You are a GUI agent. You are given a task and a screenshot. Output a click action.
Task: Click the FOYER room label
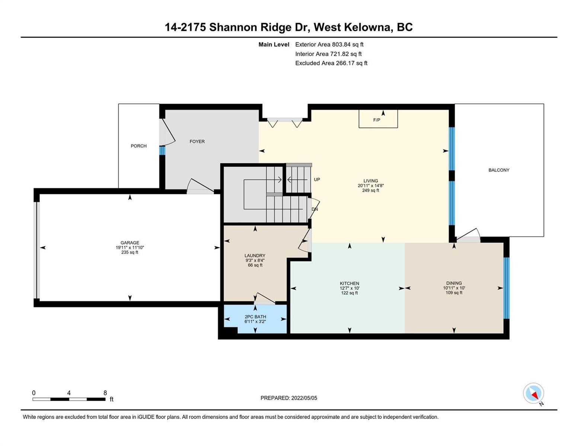coord(197,142)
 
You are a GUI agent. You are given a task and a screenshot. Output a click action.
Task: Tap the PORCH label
coord(138,146)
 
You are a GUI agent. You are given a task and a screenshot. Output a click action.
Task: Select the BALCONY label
coord(499,170)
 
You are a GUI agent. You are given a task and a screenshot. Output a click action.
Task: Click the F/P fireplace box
coord(378,119)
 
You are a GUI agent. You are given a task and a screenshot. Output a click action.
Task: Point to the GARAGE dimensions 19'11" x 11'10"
coord(130,248)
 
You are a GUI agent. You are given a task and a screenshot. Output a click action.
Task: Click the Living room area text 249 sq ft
coord(371,190)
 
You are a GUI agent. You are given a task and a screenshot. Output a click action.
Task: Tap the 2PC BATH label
coord(255,317)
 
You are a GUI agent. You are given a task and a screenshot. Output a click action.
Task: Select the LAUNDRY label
coord(255,256)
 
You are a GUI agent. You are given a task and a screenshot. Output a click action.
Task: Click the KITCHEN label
coord(349,284)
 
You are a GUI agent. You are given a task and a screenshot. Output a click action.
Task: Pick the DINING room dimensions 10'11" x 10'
coord(454,288)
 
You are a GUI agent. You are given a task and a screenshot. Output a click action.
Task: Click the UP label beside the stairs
coord(317,180)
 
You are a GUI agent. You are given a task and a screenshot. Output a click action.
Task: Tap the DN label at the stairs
coord(314,209)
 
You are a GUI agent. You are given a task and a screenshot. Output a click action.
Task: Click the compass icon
coord(533,393)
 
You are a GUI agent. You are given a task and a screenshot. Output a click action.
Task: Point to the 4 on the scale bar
coord(69,393)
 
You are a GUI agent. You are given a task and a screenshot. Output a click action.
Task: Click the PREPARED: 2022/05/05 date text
coord(289,398)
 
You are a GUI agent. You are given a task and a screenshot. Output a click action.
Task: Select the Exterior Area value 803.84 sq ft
coord(348,44)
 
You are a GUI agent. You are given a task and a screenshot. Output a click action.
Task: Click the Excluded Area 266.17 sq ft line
coord(331,63)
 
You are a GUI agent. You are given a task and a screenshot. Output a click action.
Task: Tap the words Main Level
coord(274,44)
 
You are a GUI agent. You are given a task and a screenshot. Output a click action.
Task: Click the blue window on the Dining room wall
coord(507,288)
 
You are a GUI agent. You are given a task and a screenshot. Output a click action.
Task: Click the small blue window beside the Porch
coord(162,151)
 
